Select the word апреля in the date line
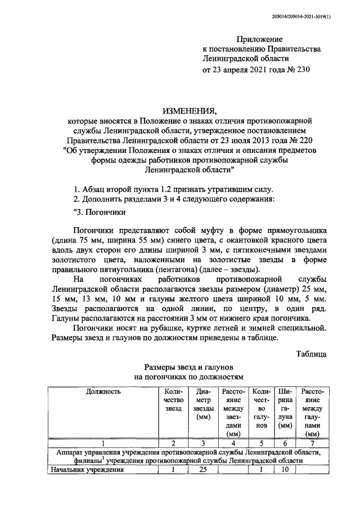[237, 70]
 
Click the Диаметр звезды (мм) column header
[201, 404]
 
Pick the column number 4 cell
[232, 443]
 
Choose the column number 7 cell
[313, 443]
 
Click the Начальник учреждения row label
[88, 470]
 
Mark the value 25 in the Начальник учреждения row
[201, 470]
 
